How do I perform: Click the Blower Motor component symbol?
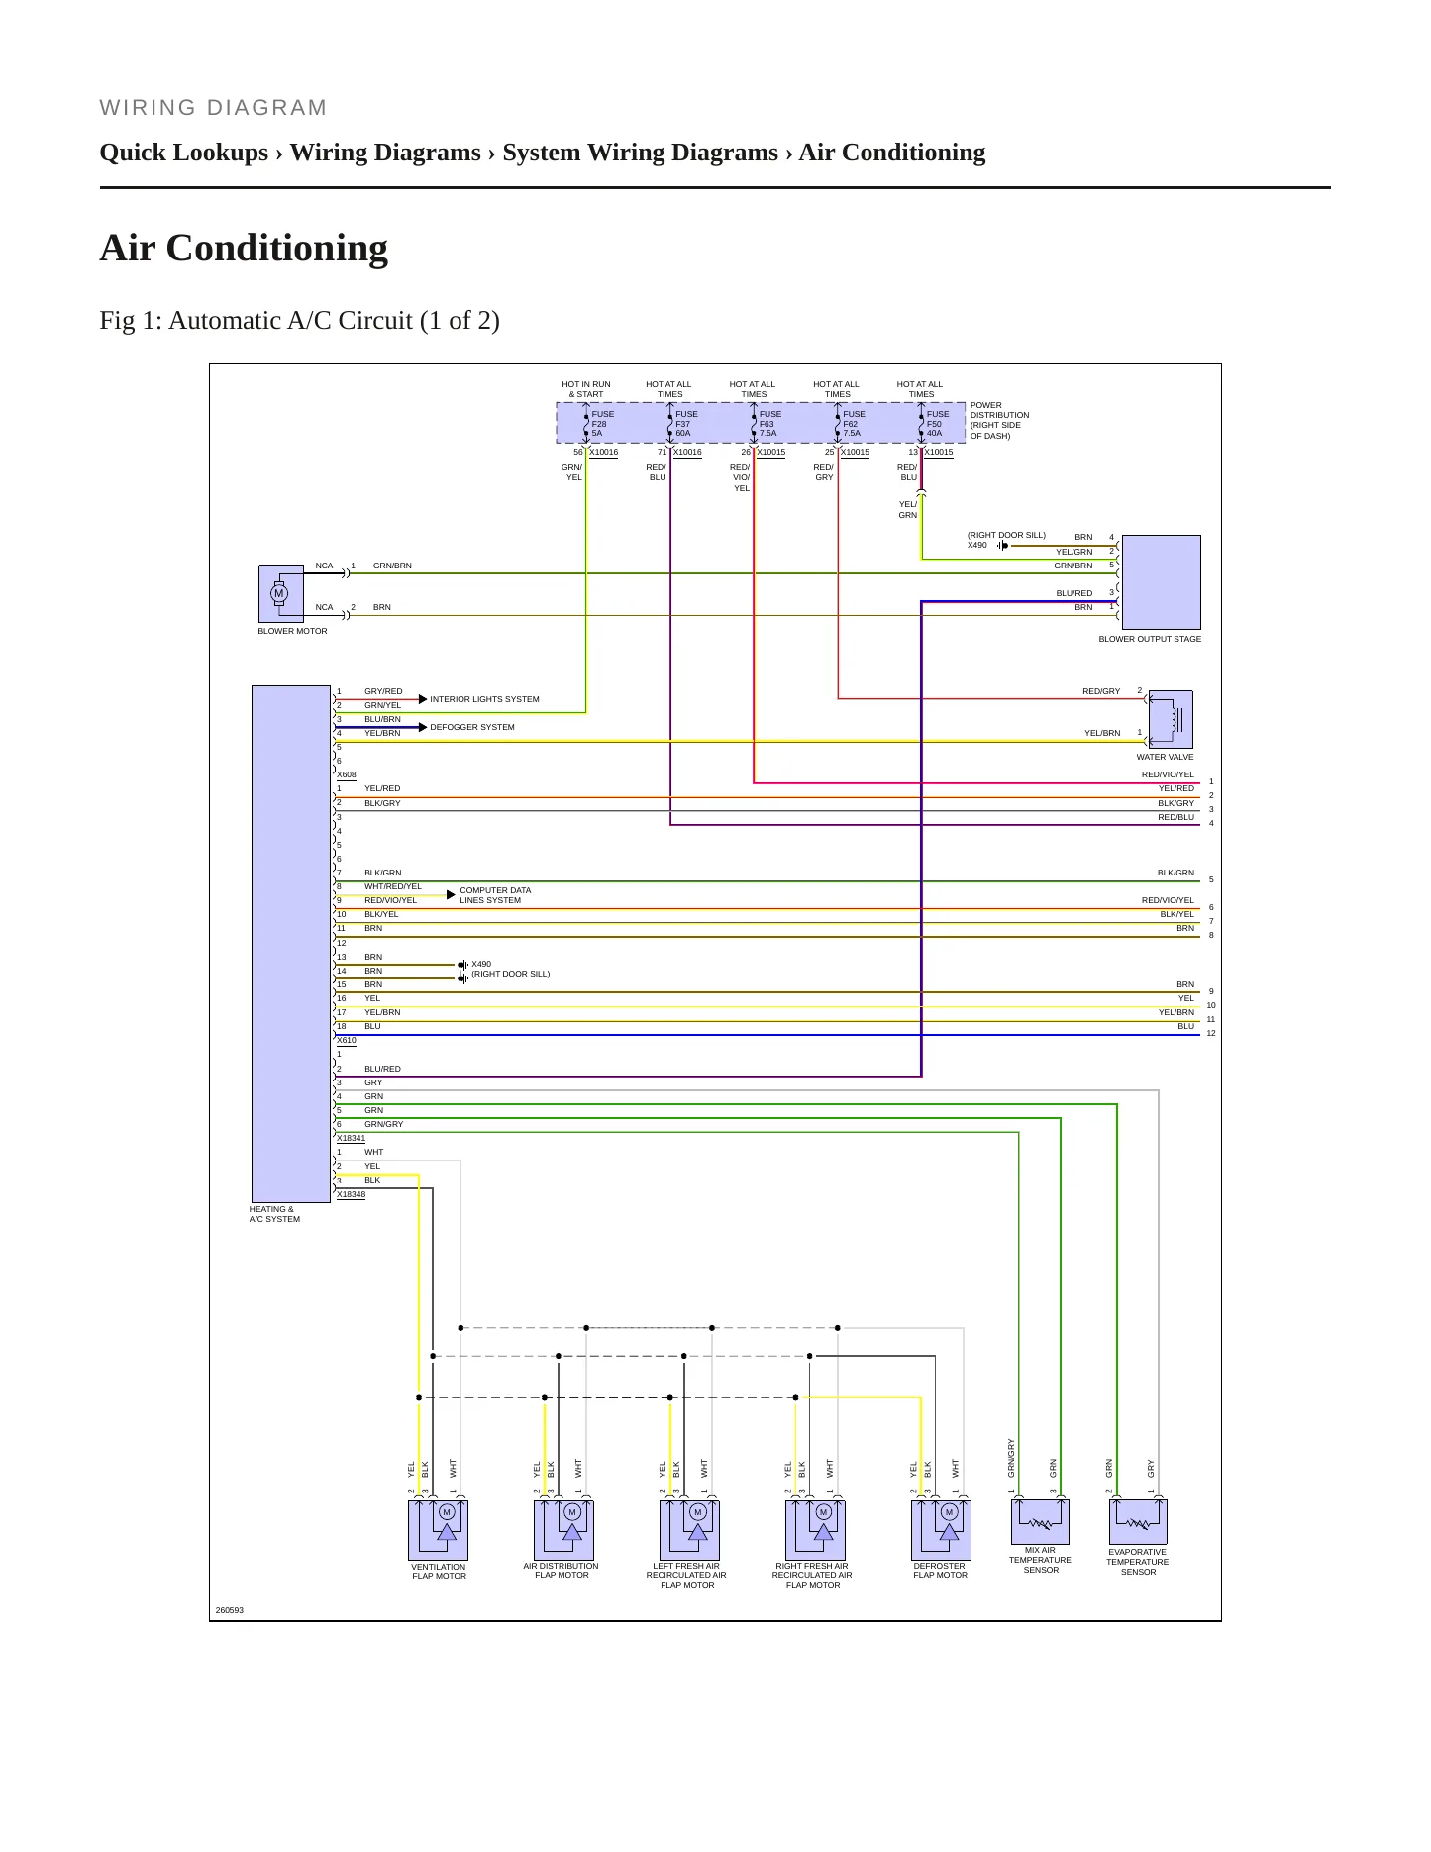coord(281,593)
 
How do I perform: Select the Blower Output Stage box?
coord(1161,582)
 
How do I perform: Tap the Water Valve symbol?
coord(1171,719)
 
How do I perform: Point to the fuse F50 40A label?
coord(937,424)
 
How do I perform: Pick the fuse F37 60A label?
coord(686,424)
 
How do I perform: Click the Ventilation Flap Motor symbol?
coord(439,1530)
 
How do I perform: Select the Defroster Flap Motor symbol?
coord(941,1530)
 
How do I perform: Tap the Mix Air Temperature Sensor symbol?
coord(1040,1522)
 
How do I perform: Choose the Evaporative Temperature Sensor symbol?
coord(1138,1522)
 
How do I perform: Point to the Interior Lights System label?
coord(484,699)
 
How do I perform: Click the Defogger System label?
coord(472,727)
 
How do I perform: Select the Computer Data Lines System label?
coord(495,895)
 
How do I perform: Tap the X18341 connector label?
coord(351,1138)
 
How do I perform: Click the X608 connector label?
coord(347,774)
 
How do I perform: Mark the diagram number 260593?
coord(230,1610)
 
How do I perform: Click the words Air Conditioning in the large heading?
coord(244,248)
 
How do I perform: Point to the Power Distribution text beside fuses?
coord(999,420)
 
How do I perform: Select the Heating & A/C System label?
coord(274,1214)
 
